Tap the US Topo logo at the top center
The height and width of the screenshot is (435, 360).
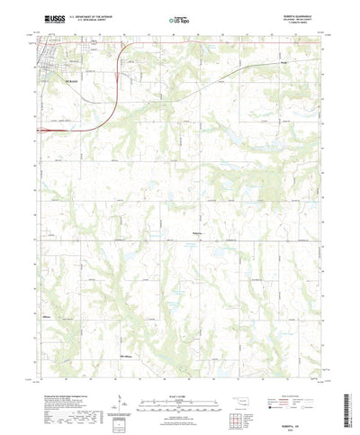coord(178,19)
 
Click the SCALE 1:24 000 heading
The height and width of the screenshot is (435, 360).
coord(179,372)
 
